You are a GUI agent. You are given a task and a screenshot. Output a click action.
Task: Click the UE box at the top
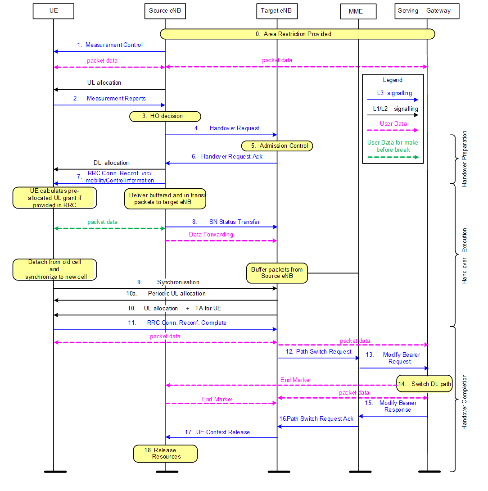[53, 11]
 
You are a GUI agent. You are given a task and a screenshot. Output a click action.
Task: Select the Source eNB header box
[165, 11]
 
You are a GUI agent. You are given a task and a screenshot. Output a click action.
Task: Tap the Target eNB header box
[277, 11]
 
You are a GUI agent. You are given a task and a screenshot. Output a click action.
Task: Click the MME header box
[358, 12]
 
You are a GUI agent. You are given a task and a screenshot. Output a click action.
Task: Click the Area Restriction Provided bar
[297, 34]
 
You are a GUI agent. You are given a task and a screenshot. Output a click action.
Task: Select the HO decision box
[165, 116]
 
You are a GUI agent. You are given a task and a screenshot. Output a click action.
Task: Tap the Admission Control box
[277, 146]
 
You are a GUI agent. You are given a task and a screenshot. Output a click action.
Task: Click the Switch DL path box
[425, 384]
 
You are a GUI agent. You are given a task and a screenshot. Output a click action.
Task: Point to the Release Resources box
[165, 454]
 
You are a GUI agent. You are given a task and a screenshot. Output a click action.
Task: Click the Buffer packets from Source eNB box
[277, 273]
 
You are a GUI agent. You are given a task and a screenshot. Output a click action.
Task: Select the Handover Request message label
[234, 128]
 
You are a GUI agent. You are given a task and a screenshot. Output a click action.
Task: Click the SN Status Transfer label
[234, 222]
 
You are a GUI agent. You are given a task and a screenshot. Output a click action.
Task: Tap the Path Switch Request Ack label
[316, 419]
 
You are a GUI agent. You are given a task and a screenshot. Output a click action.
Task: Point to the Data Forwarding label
[211, 235]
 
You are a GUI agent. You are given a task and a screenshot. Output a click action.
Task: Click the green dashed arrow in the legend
[393, 157]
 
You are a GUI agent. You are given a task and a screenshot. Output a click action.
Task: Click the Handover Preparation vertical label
[465, 159]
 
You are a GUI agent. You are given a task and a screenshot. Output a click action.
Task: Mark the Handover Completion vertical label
[465, 402]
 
